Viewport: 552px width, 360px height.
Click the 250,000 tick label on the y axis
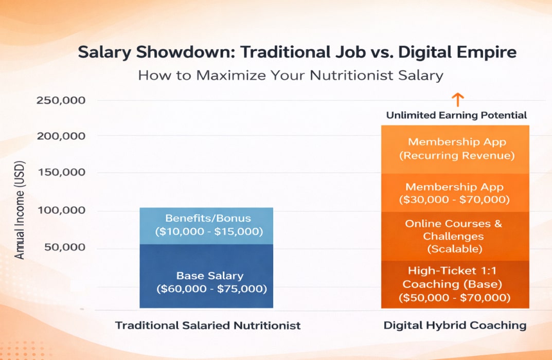(61, 100)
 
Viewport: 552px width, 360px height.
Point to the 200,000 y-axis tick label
(61, 136)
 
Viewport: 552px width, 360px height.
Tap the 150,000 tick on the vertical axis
(61, 172)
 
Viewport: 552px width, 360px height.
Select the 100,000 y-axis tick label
(61, 211)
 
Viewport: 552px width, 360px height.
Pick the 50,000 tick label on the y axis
(64, 247)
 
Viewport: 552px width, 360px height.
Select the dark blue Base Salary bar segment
(206, 276)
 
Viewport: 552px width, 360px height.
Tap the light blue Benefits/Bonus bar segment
(206, 225)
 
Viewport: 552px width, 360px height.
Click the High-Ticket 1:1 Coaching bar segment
(455, 284)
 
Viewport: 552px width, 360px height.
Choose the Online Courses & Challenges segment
(455, 236)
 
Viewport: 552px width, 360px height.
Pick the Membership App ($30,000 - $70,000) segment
(455, 193)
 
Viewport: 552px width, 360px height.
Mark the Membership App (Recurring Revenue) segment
(455, 148)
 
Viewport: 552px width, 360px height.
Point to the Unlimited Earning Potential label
(456, 115)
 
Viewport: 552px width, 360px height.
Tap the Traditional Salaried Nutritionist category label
(208, 326)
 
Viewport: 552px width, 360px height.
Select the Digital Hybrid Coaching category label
(455, 326)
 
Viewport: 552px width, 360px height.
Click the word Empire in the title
(488, 53)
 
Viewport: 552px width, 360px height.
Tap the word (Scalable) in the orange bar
(455, 249)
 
